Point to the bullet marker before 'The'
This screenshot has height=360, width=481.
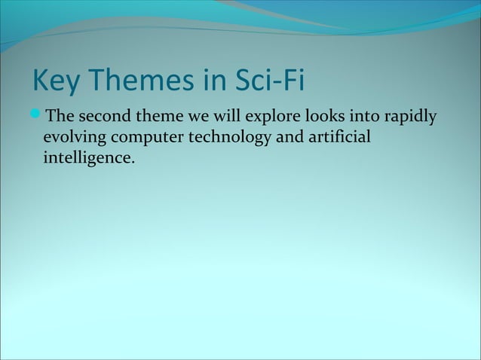pos(38,117)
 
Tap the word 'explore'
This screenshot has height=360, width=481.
pos(273,119)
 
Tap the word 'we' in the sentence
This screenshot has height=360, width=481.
pos(200,119)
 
